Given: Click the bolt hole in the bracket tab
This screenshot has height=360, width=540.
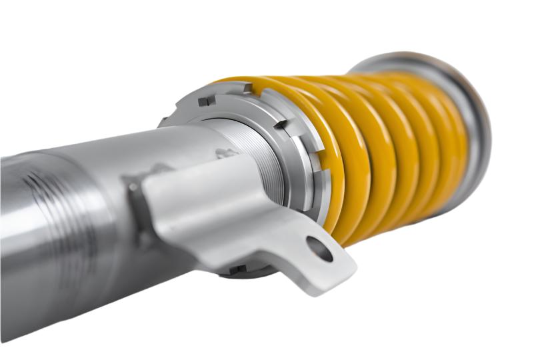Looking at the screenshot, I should (319, 249).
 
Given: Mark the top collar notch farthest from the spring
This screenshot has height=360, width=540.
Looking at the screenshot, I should (207, 101).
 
